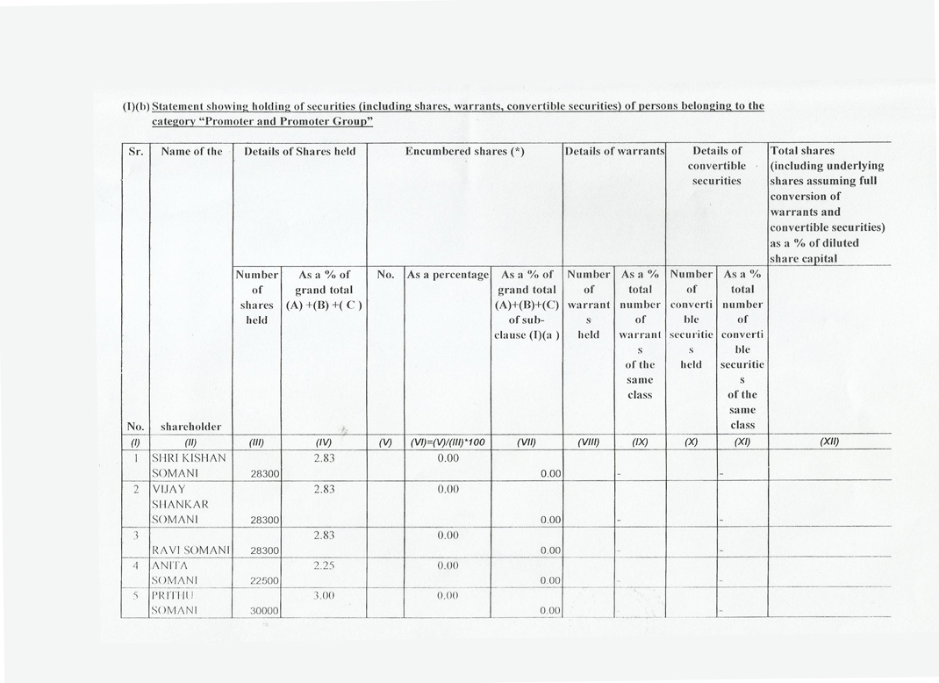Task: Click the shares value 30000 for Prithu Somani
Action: pos(263,610)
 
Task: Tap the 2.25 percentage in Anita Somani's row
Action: pos(325,565)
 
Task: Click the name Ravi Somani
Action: pos(190,550)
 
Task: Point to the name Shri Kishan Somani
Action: pos(189,465)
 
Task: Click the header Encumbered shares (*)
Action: pos(464,151)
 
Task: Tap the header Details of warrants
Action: pos(615,151)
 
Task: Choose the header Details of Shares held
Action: pos(299,151)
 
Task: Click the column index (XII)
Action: pos(828,442)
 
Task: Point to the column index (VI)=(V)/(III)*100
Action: pos(447,442)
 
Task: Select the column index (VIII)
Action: pos(588,442)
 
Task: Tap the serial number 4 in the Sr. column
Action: pos(137,565)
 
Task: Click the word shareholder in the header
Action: pos(190,427)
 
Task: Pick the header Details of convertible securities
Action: pos(716,165)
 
